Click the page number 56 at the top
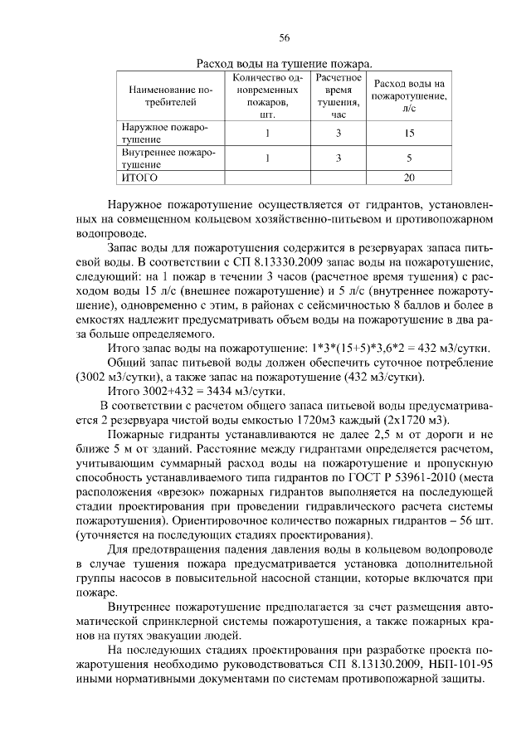[284, 38]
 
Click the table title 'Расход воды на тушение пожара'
[283, 63]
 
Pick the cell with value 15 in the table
[408, 133]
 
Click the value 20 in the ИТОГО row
[408, 177]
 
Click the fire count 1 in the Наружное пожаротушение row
[267, 133]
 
